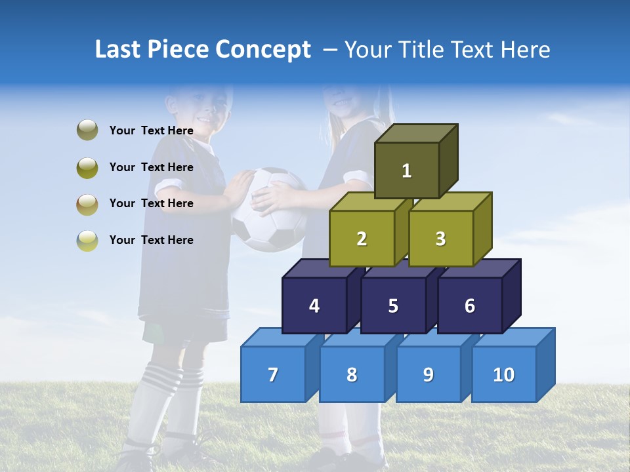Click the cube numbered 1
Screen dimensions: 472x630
(407, 170)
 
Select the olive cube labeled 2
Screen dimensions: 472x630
(362, 239)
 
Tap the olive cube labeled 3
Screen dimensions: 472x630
(440, 239)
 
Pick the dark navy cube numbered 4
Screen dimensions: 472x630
(314, 305)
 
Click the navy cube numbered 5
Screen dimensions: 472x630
(393, 305)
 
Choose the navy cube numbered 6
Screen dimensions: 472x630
(470, 305)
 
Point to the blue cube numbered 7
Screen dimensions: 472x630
(273, 374)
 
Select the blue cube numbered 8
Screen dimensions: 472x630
(352, 374)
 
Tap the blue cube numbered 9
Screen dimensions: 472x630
(428, 374)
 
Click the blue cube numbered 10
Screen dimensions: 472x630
(504, 374)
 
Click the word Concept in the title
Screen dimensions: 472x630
(262, 50)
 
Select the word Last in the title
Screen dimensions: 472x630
(119, 50)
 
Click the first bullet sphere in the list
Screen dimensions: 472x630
(87, 130)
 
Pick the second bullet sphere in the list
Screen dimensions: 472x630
(87, 167)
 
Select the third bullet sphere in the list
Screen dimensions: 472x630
(87, 204)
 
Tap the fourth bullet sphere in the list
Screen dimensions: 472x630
(87, 240)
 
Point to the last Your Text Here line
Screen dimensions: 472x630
(152, 240)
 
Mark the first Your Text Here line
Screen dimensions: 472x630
(152, 130)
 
